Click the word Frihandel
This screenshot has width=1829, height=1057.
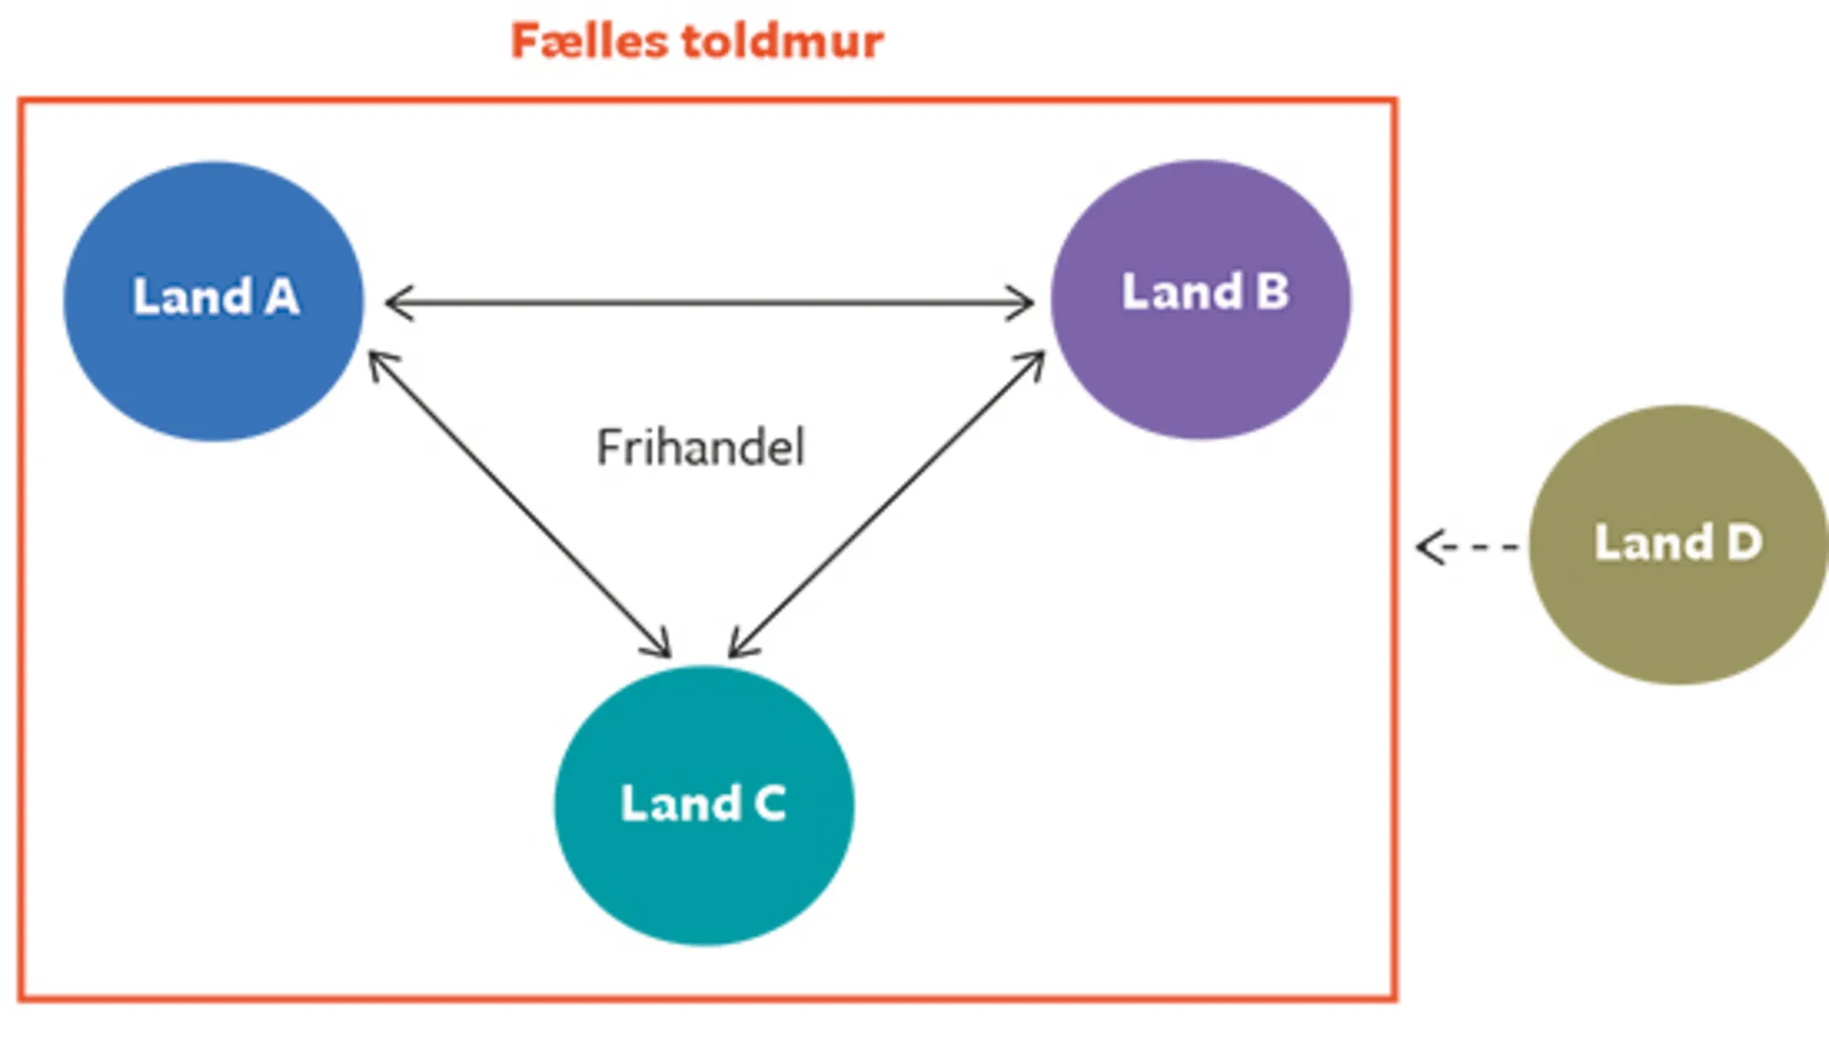[x=701, y=448]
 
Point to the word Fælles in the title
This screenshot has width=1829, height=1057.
[x=589, y=41]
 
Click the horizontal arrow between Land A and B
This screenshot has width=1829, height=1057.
[x=709, y=303]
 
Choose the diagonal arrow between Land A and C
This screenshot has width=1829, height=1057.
[x=519, y=505]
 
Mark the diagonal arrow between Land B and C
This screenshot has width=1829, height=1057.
[x=887, y=505]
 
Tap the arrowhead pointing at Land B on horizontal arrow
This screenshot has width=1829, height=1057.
[x=1022, y=303]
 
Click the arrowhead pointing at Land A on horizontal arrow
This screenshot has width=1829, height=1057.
[x=397, y=303]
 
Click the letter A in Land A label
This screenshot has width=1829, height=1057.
[x=282, y=297]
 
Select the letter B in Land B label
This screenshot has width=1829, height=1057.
[x=1272, y=293]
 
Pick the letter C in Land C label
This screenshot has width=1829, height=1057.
[x=769, y=804]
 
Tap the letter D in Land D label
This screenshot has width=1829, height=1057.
[x=1744, y=542]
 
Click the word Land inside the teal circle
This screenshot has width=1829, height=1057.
[x=680, y=804]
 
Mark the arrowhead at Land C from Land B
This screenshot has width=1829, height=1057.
[x=739, y=646]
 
